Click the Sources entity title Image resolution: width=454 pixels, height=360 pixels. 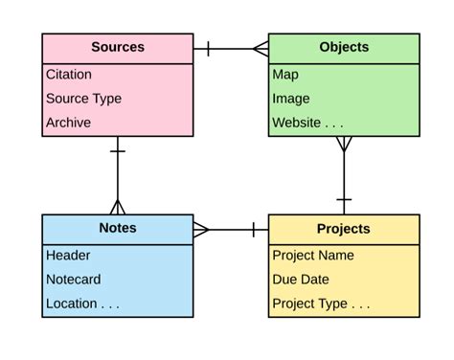[118, 47]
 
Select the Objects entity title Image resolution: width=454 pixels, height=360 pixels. [344, 47]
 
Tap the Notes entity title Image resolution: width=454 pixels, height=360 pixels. [118, 228]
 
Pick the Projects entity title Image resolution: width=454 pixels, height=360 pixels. [344, 229]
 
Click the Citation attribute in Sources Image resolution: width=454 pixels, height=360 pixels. [69, 74]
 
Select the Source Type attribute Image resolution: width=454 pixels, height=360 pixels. [84, 98]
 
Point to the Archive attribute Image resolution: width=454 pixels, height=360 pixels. [68, 122]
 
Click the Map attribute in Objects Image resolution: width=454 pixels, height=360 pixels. [285, 74]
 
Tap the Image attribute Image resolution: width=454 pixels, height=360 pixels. [290, 98]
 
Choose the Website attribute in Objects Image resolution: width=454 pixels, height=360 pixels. [306, 122]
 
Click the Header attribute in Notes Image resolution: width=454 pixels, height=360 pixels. [68, 255]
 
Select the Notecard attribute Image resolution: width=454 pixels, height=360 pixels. [74, 280]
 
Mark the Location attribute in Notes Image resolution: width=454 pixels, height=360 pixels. [82, 304]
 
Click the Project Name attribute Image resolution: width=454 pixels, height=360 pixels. [313, 255]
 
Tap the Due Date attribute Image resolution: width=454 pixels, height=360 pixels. [300, 280]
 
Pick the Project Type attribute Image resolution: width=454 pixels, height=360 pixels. [321, 304]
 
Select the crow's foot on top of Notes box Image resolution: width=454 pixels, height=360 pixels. [118, 206]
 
